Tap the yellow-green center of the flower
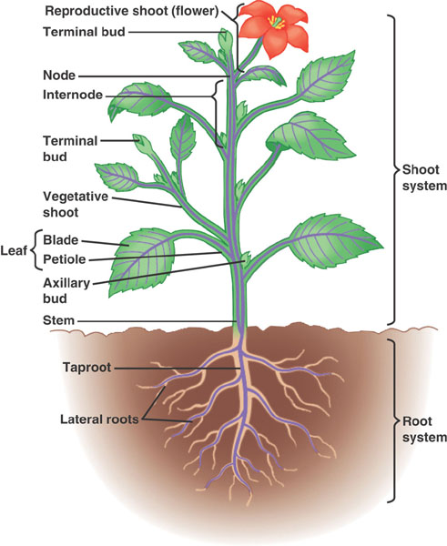[x=277, y=23]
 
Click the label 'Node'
[x=59, y=76]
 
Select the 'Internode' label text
[x=73, y=95]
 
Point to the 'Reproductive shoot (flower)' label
[x=132, y=11]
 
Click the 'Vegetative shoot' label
[x=76, y=205]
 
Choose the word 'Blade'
[x=61, y=240]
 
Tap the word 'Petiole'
[x=65, y=259]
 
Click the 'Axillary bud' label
[x=66, y=291]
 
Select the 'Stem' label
[x=58, y=320]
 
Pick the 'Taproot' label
[x=87, y=368]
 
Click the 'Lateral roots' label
[x=99, y=419]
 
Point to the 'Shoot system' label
[x=424, y=177]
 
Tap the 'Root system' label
[x=424, y=429]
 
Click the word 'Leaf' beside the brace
[x=14, y=250]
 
